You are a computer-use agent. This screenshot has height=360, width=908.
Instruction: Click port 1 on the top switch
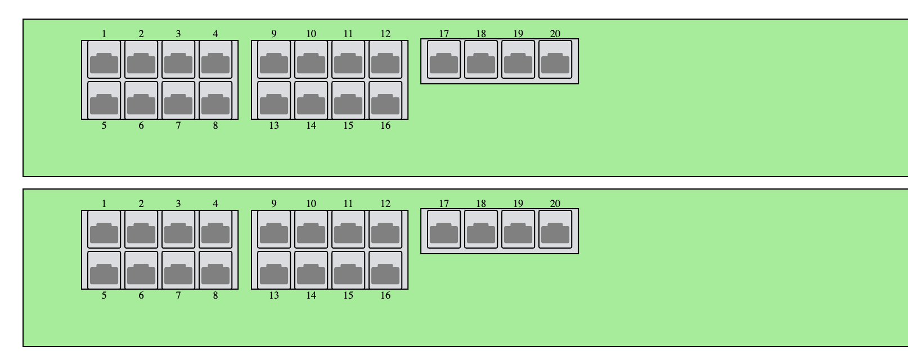(104, 59)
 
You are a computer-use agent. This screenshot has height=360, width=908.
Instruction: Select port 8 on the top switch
(215, 101)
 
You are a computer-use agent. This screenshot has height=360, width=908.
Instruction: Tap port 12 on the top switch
(385, 59)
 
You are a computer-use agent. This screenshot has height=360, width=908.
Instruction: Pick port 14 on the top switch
(311, 101)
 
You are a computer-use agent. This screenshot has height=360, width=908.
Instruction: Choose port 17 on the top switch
(444, 59)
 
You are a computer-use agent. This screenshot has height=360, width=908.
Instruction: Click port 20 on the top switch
(555, 59)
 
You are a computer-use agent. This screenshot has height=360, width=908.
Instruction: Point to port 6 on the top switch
(141, 101)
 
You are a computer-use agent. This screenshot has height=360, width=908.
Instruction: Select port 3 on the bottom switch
(178, 229)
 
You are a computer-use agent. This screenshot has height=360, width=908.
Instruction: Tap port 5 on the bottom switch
(104, 271)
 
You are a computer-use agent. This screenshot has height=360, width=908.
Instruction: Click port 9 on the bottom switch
(274, 229)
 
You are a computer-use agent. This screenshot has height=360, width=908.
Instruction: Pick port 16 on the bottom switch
(385, 271)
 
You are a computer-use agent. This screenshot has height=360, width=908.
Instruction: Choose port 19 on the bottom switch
(518, 229)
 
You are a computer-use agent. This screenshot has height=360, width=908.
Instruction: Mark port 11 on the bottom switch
(348, 229)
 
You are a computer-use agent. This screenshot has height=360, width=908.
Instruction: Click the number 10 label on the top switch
(311, 34)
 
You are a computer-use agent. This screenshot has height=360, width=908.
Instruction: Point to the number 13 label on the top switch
(274, 125)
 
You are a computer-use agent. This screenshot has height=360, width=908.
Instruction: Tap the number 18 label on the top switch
(481, 34)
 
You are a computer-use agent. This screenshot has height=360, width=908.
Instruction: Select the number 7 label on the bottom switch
(178, 295)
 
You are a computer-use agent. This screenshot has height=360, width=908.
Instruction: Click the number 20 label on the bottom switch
(555, 204)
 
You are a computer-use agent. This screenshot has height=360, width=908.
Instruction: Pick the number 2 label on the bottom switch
(141, 204)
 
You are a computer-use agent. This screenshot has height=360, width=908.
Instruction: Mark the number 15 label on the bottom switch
(348, 295)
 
